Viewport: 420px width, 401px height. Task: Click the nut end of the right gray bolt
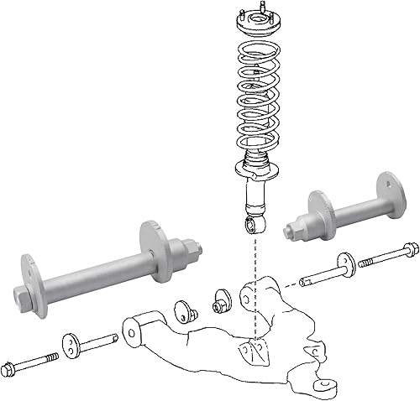click(296, 229)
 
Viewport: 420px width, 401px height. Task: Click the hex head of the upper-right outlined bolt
click(409, 249)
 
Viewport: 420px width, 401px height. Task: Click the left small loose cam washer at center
click(184, 310)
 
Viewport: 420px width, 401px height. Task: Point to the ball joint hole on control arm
click(324, 388)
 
